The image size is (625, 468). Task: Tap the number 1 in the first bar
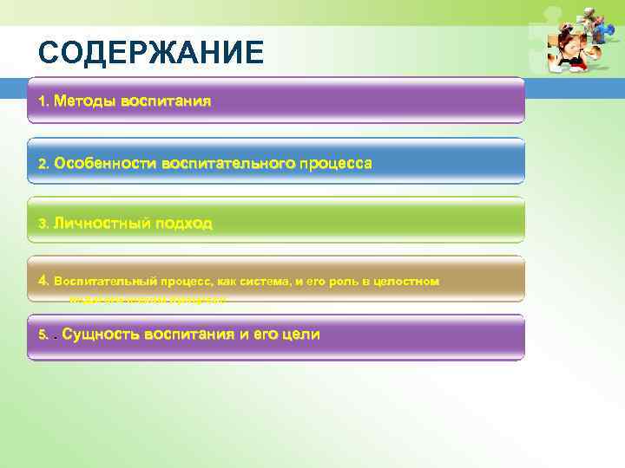[x=43, y=101]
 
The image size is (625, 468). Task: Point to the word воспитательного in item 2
[x=227, y=162]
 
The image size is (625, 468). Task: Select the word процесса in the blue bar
[x=336, y=162]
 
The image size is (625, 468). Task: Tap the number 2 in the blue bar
[x=43, y=163]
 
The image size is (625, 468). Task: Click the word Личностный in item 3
[x=102, y=223]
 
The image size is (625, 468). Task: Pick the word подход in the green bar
[x=183, y=223]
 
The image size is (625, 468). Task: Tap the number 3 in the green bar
[x=43, y=224]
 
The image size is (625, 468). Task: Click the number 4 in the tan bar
[x=43, y=281]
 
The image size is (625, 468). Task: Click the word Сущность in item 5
[x=102, y=334]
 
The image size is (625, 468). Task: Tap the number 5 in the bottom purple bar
[x=43, y=335]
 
